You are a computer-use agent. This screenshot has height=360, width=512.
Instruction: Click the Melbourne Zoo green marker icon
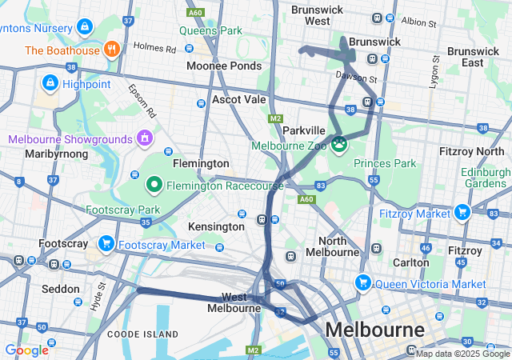point(340,144)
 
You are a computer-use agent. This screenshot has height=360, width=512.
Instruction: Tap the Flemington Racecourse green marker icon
point(154,185)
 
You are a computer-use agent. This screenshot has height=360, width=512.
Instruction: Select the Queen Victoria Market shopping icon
point(363,282)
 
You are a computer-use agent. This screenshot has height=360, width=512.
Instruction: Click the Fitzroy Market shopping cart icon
point(462,212)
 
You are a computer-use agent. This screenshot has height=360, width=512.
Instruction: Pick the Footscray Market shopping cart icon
point(105,243)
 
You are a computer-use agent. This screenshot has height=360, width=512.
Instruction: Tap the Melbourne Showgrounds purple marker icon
point(145,138)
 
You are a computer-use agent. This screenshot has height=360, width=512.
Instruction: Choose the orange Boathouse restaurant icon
point(111,50)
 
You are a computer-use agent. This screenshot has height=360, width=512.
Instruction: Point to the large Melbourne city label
point(374,330)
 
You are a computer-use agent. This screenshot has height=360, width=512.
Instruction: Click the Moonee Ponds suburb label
point(223,66)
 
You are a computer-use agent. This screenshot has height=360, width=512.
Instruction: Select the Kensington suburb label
point(216,226)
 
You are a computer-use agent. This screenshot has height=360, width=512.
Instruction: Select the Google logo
point(26,350)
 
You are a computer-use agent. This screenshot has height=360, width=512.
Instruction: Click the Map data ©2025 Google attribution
point(462,354)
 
